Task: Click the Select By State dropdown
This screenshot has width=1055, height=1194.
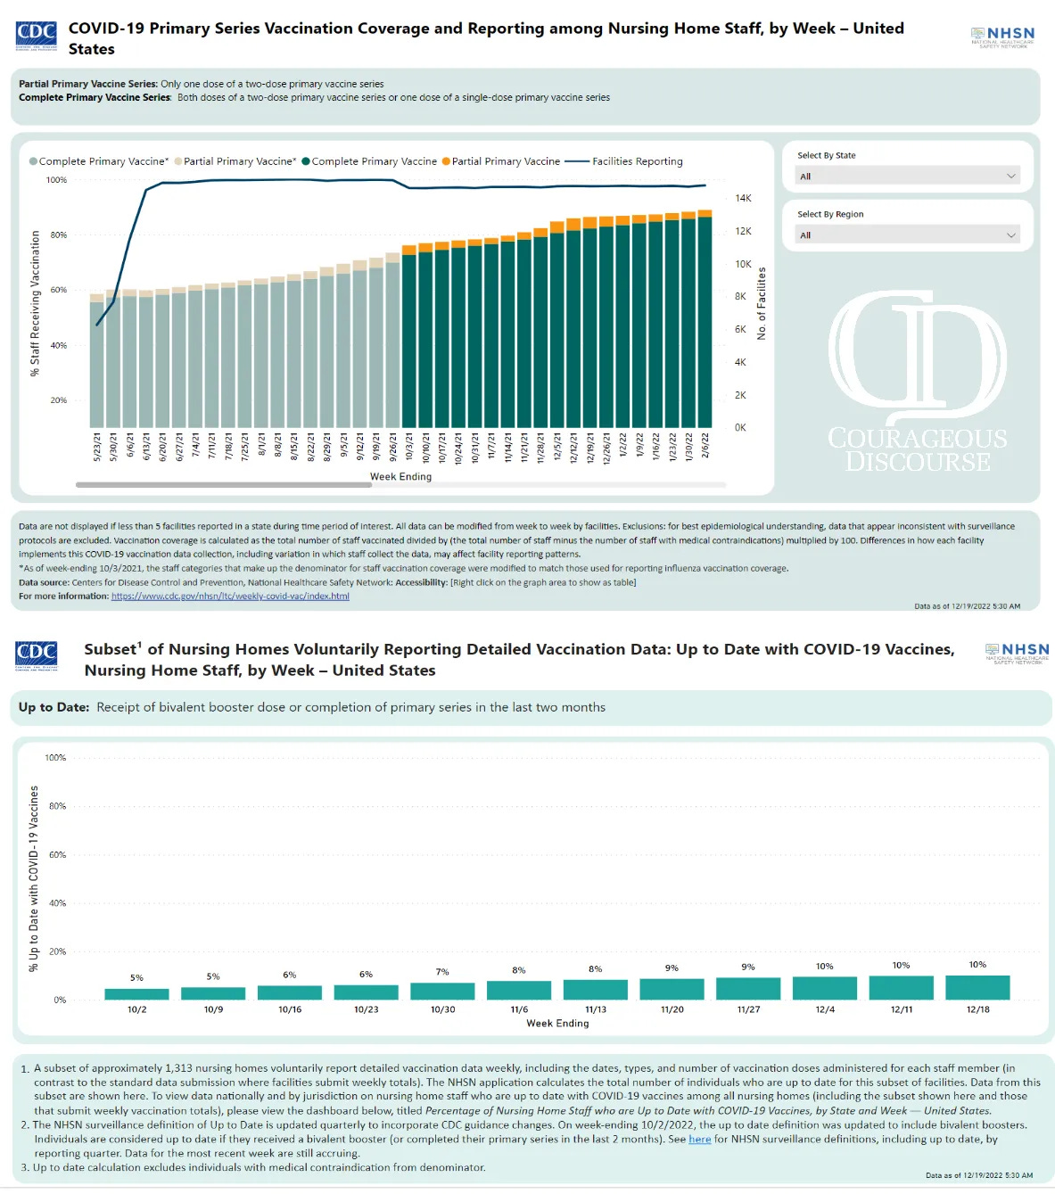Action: [x=907, y=176]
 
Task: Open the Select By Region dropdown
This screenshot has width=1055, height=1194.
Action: [x=907, y=235]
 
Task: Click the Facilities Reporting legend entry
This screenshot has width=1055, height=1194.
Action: [x=637, y=161]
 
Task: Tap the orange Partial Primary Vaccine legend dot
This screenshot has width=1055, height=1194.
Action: [x=446, y=161]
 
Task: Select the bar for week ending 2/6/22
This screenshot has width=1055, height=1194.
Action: [x=705, y=321]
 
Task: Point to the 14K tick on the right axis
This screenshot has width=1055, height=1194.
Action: [x=743, y=198]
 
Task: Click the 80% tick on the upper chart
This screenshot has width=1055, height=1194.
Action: [x=58, y=235]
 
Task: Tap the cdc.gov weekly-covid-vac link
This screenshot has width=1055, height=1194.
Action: [x=230, y=596]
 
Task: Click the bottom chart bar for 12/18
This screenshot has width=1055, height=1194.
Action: [x=977, y=987]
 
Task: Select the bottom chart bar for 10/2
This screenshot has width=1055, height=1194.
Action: [x=136, y=993]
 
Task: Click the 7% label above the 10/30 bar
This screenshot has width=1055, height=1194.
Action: [x=442, y=972]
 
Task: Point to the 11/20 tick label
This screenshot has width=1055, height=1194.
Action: [x=672, y=1009]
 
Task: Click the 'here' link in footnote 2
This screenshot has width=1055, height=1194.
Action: [x=699, y=1139]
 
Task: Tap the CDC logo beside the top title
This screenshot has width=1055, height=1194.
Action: [x=37, y=36]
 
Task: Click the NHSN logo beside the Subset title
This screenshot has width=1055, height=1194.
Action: [x=1017, y=653]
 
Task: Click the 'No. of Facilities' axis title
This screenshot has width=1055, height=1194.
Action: [x=762, y=303]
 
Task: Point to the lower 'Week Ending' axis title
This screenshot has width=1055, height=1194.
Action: [x=557, y=1023]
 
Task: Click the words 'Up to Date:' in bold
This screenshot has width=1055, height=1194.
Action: [x=54, y=707]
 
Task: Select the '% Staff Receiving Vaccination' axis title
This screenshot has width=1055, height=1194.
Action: [x=36, y=303]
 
